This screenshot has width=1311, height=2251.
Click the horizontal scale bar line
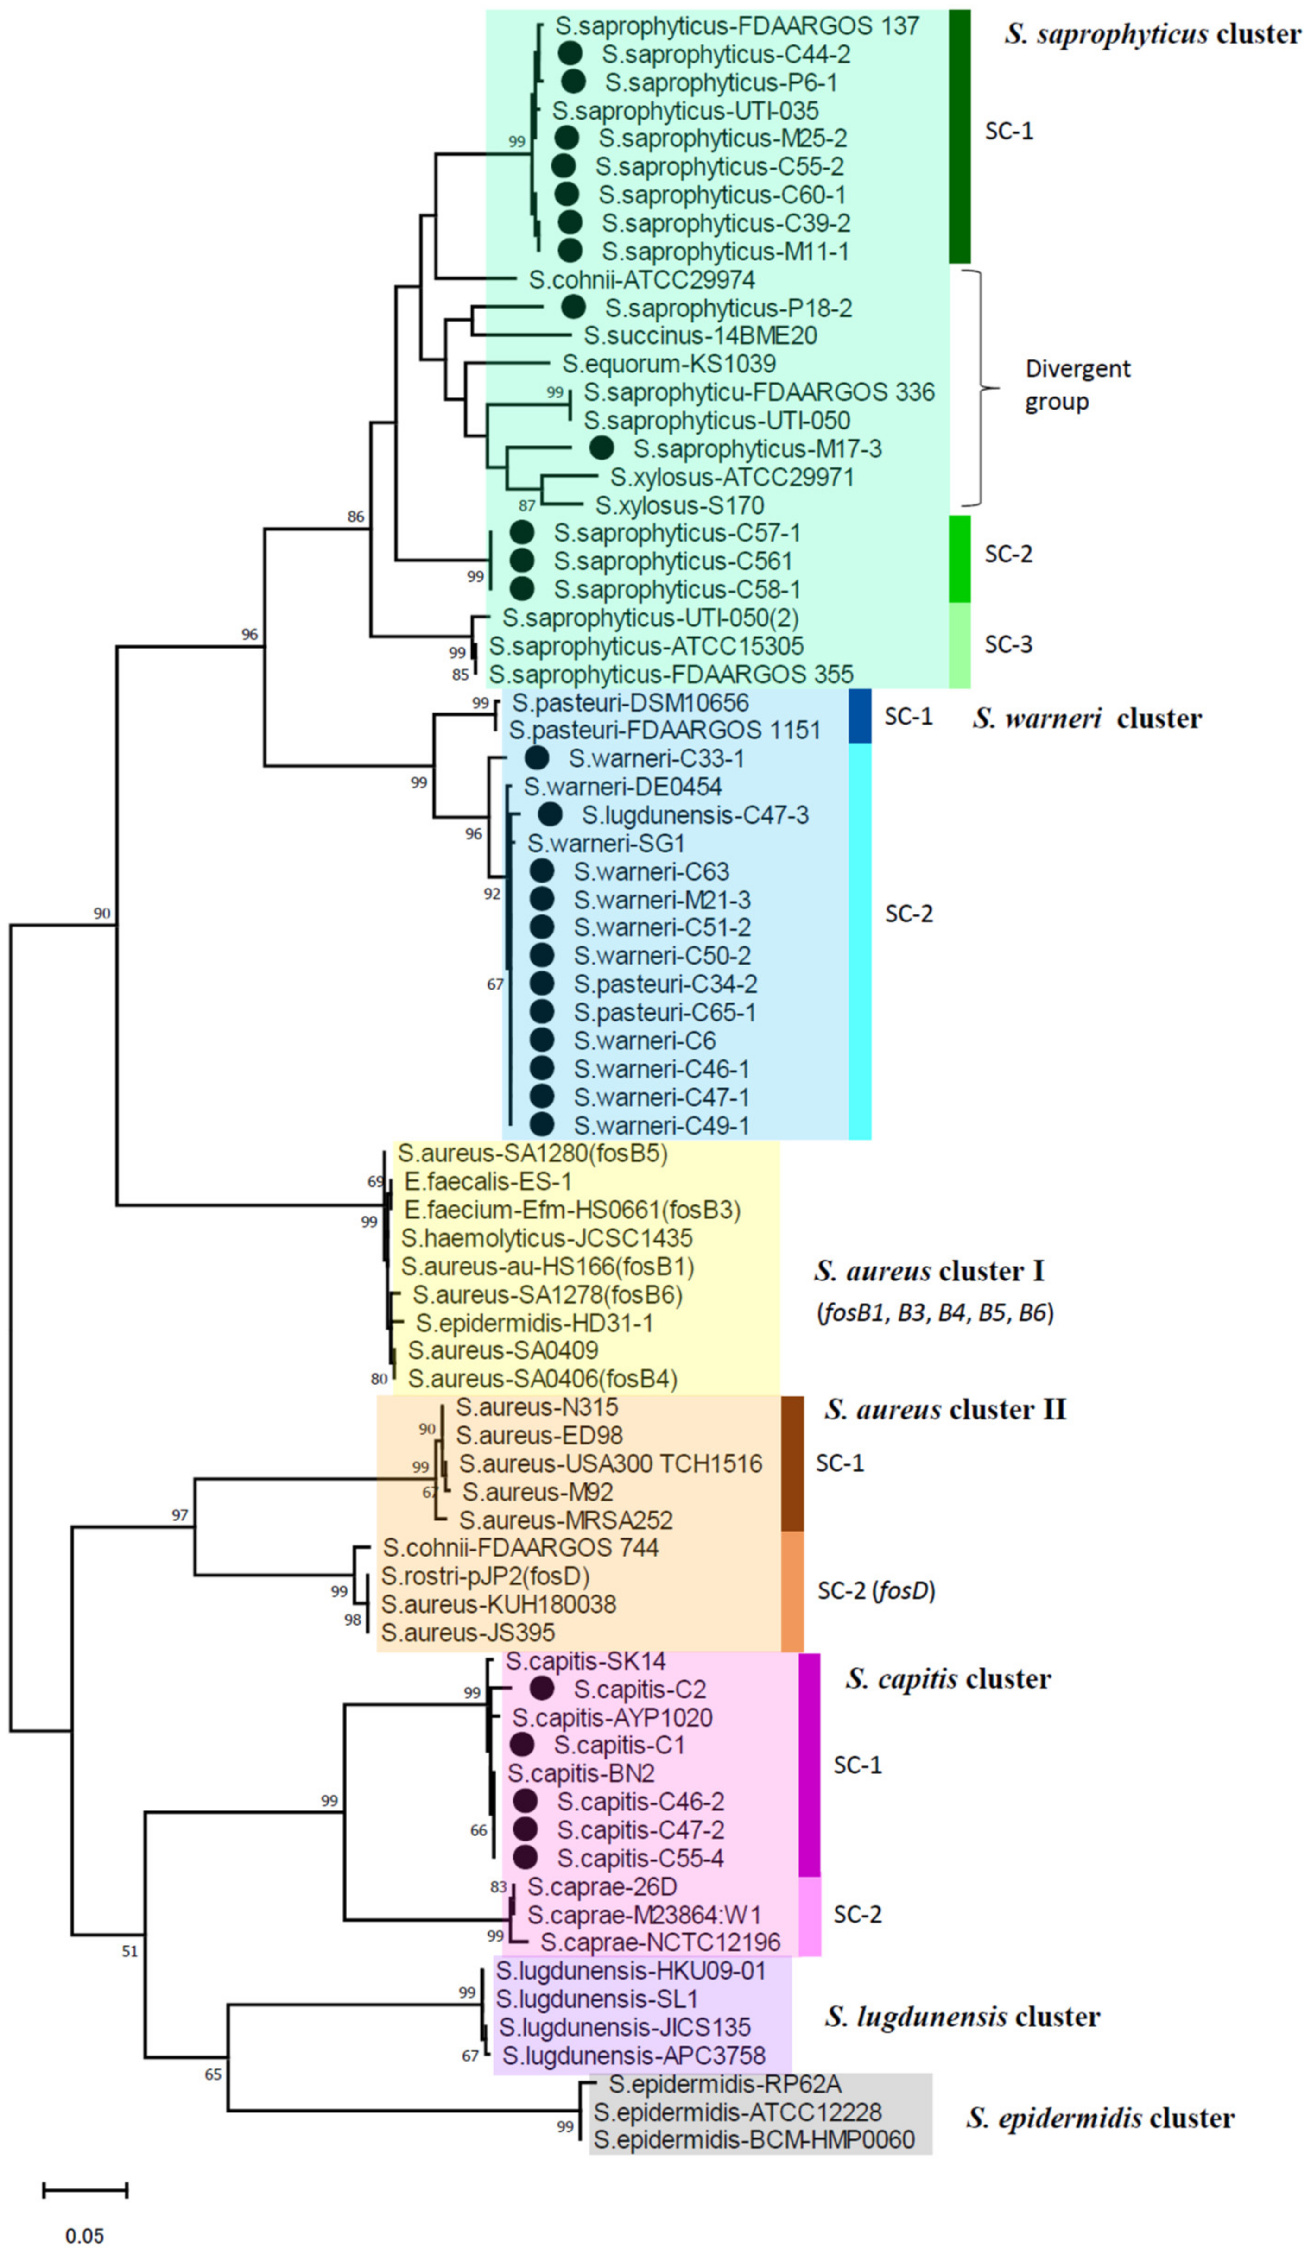(x=85, y=2189)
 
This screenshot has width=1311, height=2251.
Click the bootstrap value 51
(x=130, y=1952)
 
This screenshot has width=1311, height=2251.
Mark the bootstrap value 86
(x=356, y=516)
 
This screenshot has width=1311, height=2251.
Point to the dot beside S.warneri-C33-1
(x=536, y=758)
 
